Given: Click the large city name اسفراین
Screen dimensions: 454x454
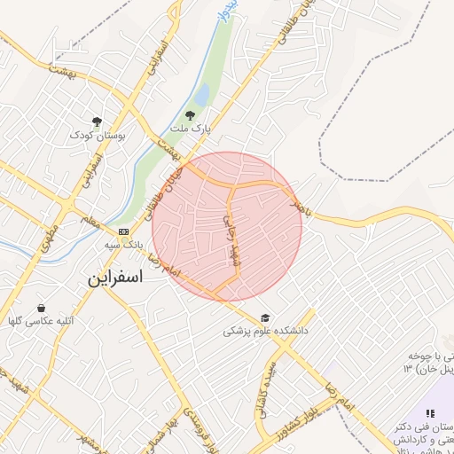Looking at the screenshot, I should pyautogui.click(x=114, y=276).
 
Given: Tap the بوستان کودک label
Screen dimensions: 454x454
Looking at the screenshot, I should pyautogui.click(x=98, y=136).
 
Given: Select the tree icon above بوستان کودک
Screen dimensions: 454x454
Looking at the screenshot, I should pyautogui.click(x=97, y=121).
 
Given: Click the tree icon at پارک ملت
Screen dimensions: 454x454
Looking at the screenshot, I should pyautogui.click(x=189, y=114).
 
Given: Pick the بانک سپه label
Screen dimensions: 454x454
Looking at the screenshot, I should pyautogui.click(x=123, y=243).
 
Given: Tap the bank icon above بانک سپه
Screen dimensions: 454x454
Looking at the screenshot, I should pyautogui.click(x=122, y=231).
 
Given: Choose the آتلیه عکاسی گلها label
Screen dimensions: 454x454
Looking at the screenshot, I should pyautogui.click(x=41, y=320).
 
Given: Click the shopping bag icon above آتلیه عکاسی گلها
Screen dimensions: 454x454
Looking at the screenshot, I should pyautogui.click(x=41, y=307).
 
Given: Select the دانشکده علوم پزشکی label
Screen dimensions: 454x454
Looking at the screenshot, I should pyautogui.click(x=264, y=331).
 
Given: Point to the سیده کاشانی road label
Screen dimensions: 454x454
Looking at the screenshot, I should pyautogui.click(x=269, y=390).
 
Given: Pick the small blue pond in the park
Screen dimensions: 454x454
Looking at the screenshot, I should pyautogui.click(x=202, y=94).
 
